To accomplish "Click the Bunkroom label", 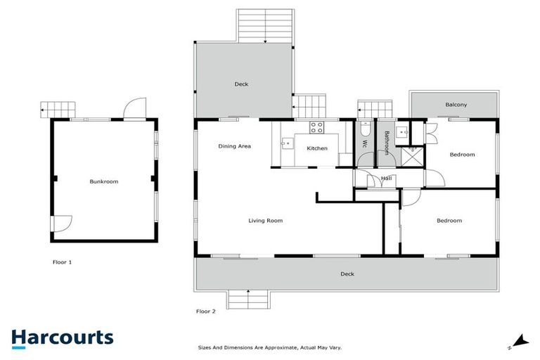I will pos(104,181).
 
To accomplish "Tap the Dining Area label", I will pos(234,146).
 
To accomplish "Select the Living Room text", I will pos(265,221).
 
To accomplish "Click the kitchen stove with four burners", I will pos(317,128).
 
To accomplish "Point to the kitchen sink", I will pos(287,143).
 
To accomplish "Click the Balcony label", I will pos(456,105).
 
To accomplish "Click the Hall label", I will pos(386,179).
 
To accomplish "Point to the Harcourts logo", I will pos(62,337).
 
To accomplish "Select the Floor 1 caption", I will pos(62,262).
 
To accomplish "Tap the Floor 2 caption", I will pos(205,311).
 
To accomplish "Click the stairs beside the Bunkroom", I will pos(58,109).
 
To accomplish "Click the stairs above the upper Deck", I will pos(264,26).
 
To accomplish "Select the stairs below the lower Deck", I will pos(247,300).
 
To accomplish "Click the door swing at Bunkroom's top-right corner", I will pos(134,110).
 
